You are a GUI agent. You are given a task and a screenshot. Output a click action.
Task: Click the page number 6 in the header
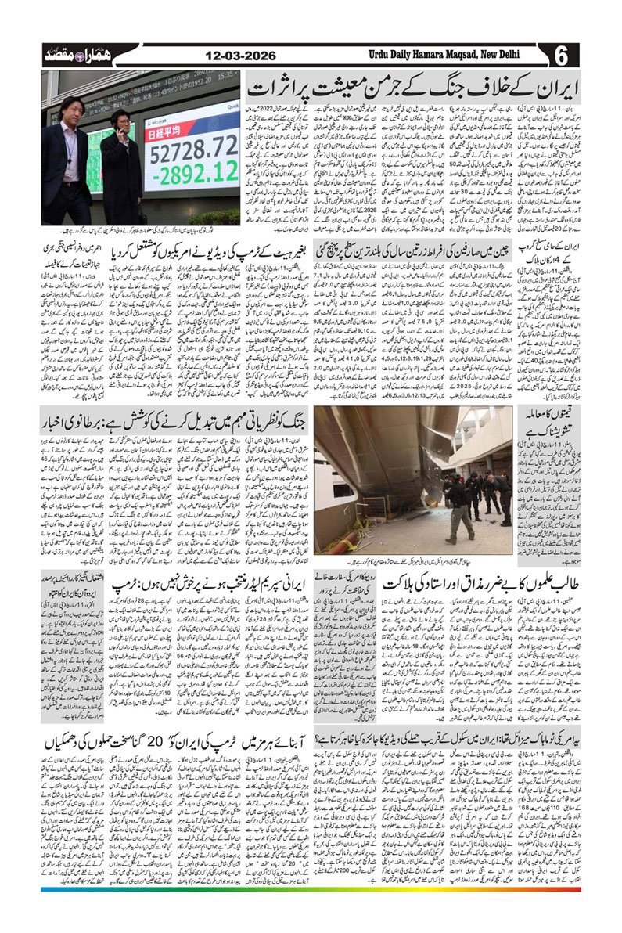tap(564, 56)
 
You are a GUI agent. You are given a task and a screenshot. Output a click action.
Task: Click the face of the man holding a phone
tap(120, 121)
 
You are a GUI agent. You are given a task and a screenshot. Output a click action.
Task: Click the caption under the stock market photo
tap(141, 232)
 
